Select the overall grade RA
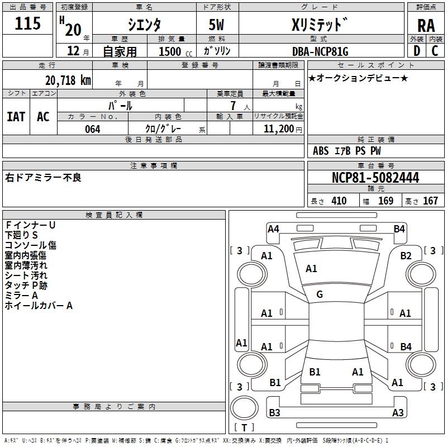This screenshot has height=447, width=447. [x=426, y=25]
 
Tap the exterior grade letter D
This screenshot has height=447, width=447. [x=416, y=51]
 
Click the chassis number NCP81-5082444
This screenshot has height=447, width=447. [x=375, y=178]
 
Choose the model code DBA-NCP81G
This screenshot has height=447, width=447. [x=320, y=51]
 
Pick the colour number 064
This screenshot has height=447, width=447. [x=92, y=129]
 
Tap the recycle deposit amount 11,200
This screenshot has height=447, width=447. [x=278, y=129]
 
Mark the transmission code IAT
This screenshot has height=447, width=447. [x=16, y=117]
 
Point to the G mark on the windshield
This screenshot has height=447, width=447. [x=320, y=294]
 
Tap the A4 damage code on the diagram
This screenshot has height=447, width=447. [x=273, y=229]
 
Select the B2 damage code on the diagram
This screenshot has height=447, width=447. [x=406, y=256]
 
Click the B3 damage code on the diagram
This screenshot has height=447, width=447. [x=274, y=413]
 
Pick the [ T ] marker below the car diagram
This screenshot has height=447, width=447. [x=244, y=428]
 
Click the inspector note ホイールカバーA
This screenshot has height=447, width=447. [x=39, y=306]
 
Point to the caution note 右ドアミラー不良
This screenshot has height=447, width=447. [x=43, y=178]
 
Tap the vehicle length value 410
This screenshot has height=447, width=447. [x=339, y=201]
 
